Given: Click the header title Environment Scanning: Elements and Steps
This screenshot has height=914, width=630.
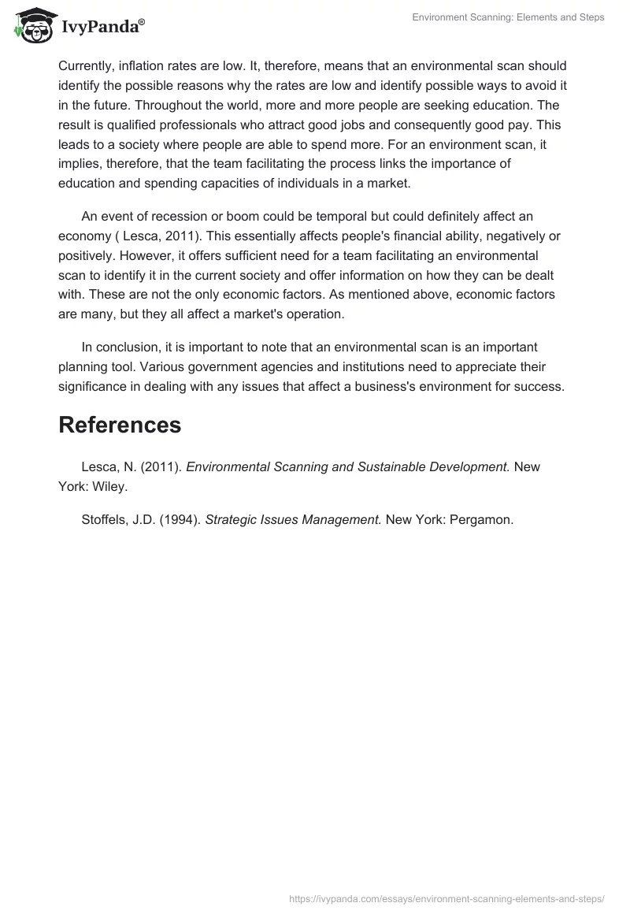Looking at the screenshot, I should click(508, 17).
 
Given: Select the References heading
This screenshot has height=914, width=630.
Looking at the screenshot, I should click(120, 425).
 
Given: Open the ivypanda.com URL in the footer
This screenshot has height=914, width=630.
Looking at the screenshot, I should click(447, 897).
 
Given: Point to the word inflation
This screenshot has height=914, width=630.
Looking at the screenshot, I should click(142, 65).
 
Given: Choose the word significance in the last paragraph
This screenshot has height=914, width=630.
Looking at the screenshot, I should click(95, 386).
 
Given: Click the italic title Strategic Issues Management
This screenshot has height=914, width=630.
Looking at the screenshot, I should click(293, 519).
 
